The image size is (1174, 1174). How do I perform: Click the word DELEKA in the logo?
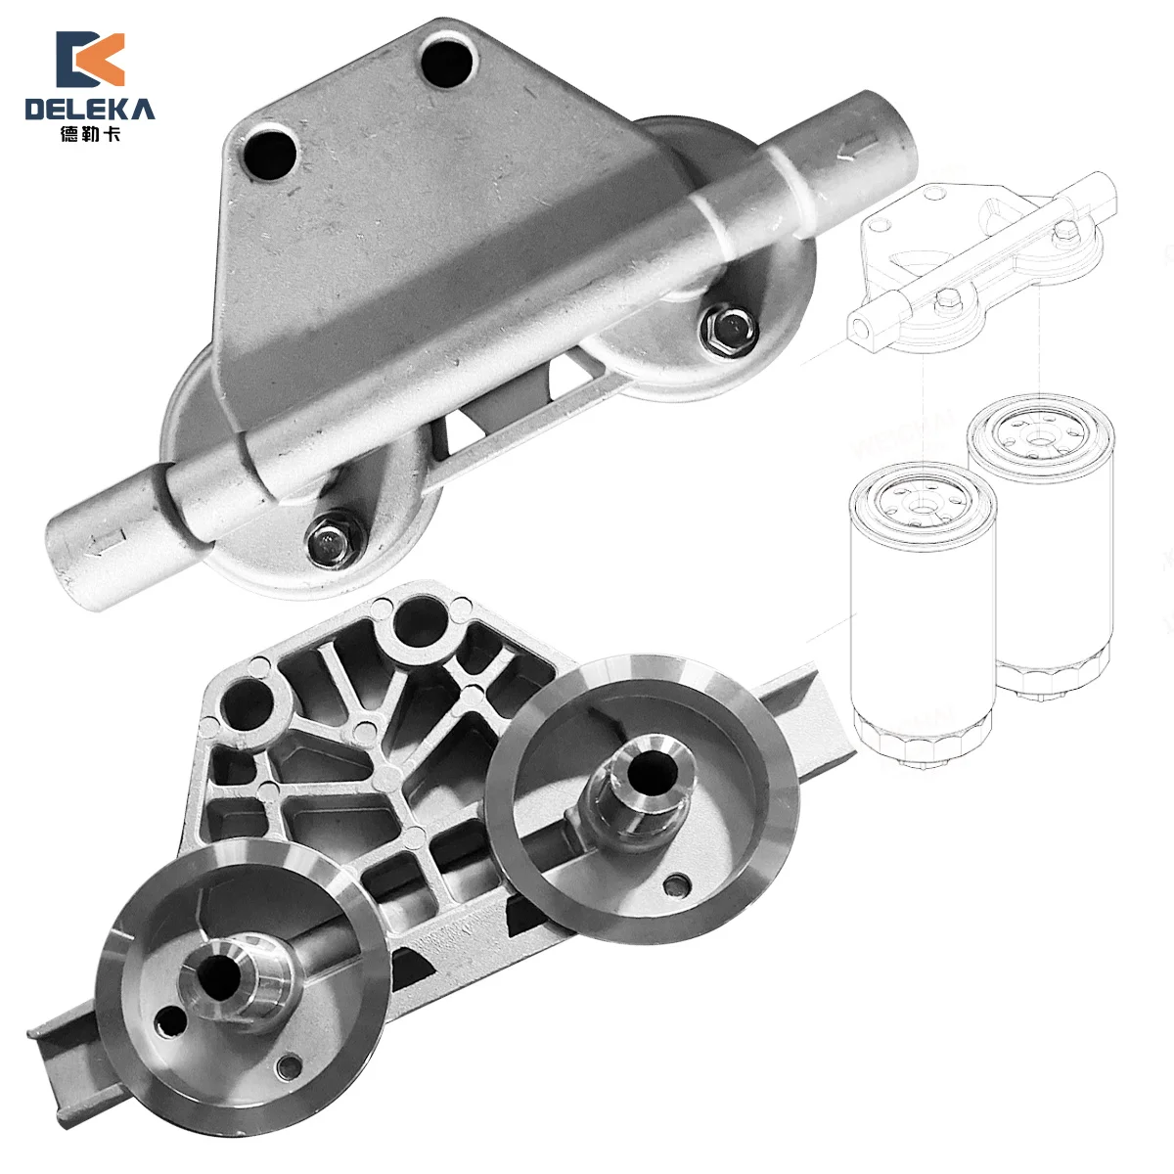tap(89, 109)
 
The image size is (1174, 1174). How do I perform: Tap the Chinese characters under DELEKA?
tap(89, 135)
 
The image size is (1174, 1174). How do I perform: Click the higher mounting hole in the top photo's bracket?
tap(451, 60)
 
